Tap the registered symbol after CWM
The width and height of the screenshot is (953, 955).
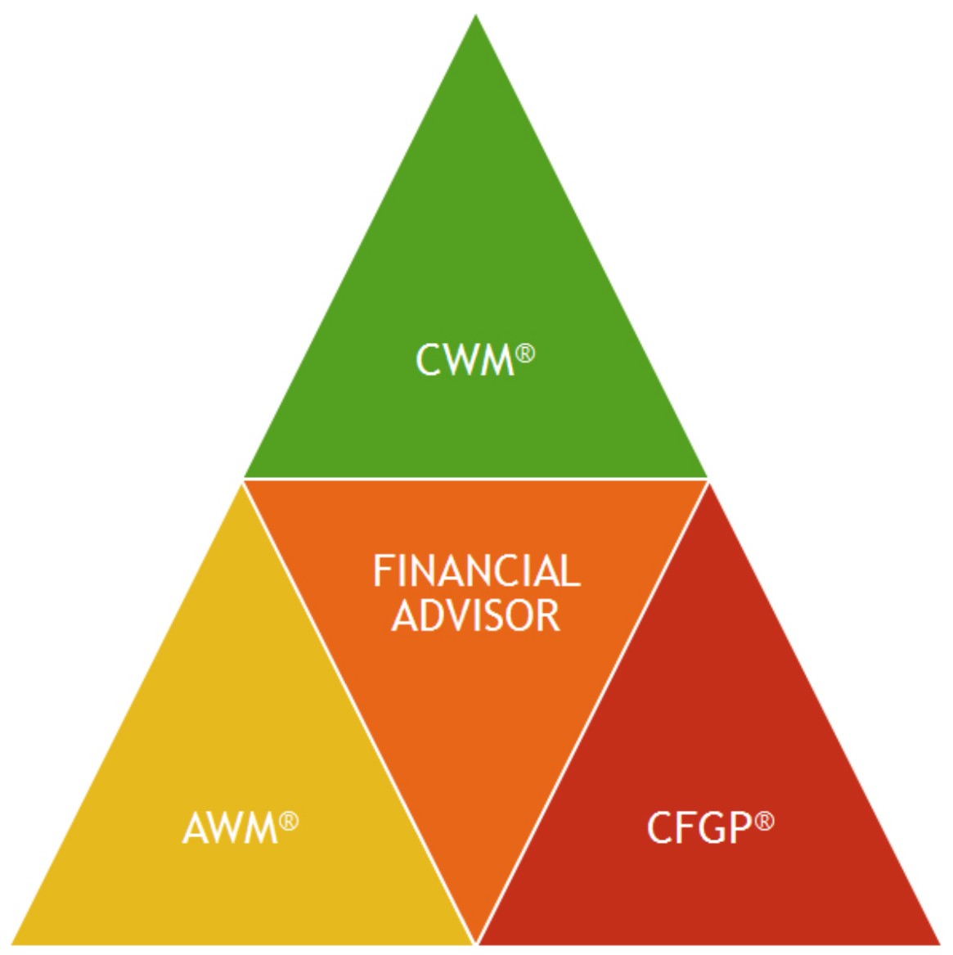(526, 354)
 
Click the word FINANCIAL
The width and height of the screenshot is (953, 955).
(476, 570)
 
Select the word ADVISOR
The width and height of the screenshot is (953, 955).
(476, 615)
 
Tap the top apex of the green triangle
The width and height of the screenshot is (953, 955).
(475, 18)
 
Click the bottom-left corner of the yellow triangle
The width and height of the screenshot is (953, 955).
(15, 944)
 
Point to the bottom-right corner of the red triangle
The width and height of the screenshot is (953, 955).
(939, 944)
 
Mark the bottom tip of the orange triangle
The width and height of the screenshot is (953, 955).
(476, 939)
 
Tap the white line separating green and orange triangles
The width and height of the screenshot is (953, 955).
(476, 480)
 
